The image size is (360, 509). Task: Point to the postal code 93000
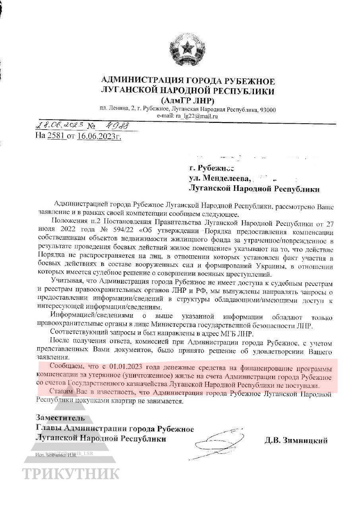coord(267,109)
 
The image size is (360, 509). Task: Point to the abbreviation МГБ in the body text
coord(222,333)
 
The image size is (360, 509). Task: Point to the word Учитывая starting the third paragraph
coord(66,282)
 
